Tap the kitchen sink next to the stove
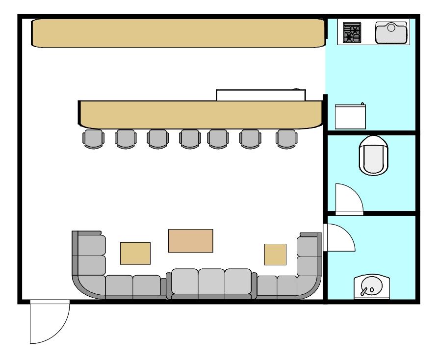(392, 33)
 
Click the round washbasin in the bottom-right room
(371, 287)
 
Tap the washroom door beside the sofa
(337, 238)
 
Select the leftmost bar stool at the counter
(93, 139)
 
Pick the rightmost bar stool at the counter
(286, 139)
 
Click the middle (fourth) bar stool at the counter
(189, 139)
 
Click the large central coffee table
(191, 241)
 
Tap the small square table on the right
(275, 254)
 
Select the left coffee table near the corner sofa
(135, 253)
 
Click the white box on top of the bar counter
(261, 95)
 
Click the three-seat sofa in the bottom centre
(211, 283)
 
